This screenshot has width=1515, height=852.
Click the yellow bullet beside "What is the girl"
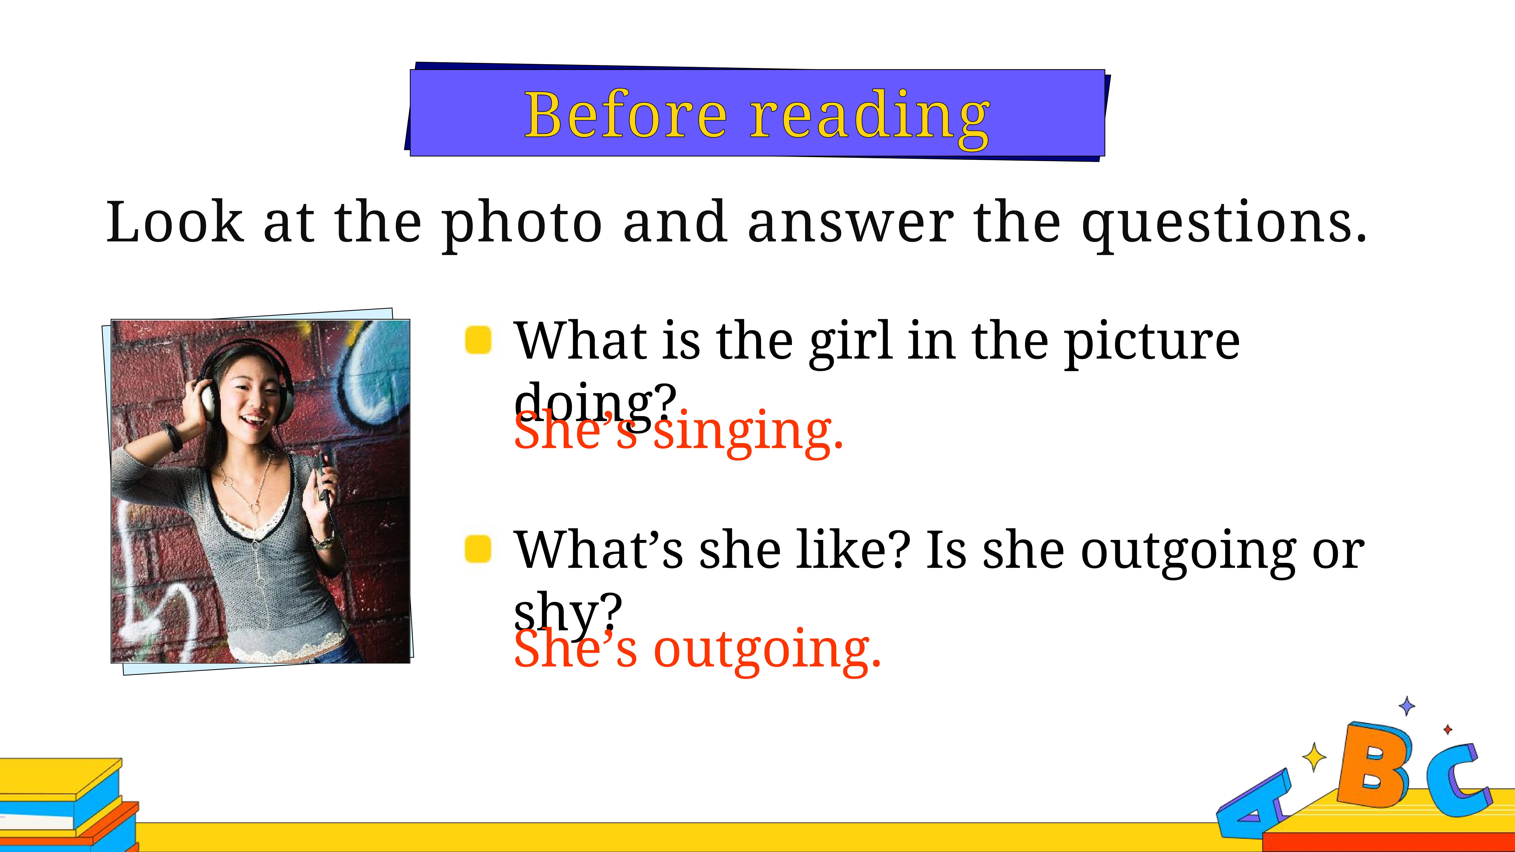pos(478,340)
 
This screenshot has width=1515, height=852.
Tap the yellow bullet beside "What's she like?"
pos(478,549)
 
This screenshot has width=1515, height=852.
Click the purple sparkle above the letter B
pos(1407,706)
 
